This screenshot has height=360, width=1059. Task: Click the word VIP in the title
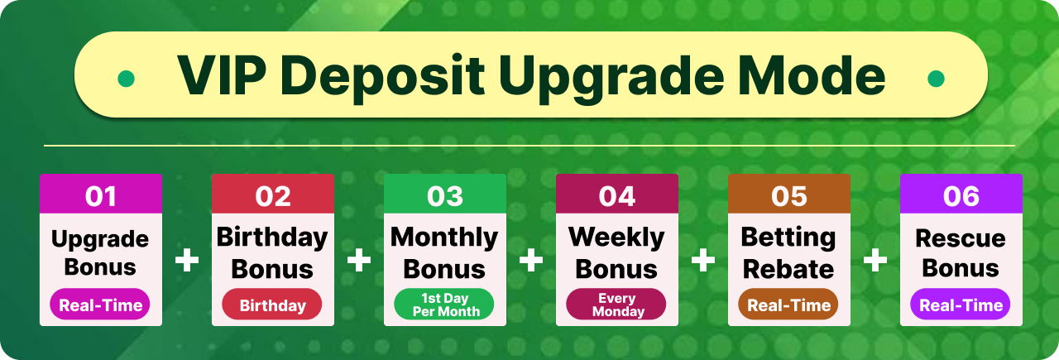[223, 76]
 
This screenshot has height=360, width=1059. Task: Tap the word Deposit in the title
[385, 78]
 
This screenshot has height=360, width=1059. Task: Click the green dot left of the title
[126, 79]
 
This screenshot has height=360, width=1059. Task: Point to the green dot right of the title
[936, 79]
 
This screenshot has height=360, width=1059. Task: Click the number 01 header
[101, 196]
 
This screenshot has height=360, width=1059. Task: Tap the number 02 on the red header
[273, 196]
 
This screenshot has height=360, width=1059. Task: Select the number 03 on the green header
[445, 196]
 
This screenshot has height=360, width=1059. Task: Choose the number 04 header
[617, 196]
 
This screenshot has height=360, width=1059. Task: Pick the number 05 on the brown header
[789, 196]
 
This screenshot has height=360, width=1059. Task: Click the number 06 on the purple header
[961, 196]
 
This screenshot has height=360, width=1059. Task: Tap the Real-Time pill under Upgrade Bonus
[100, 305]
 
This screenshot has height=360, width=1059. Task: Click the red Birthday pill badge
[272, 305]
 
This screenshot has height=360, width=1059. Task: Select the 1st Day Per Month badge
[444, 305]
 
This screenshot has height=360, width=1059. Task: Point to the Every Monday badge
[616, 305]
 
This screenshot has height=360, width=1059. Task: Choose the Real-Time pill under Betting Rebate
[788, 305]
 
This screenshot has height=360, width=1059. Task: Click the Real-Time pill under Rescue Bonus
[961, 305]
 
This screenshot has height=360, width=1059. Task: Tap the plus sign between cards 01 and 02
[187, 260]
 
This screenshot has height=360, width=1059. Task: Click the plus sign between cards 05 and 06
[875, 260]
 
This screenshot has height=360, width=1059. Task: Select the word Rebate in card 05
[788, 269]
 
